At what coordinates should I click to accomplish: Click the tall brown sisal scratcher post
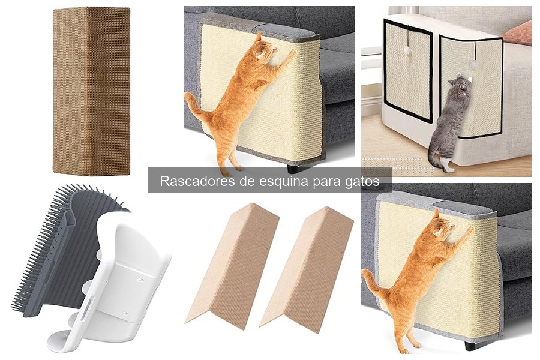pyautogui.click(x=91, y=90)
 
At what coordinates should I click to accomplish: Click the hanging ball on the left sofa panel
pyautogui.click(x=406, y=51)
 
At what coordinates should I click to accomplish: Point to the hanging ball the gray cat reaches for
pyautogui.click(x=473, y=63)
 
